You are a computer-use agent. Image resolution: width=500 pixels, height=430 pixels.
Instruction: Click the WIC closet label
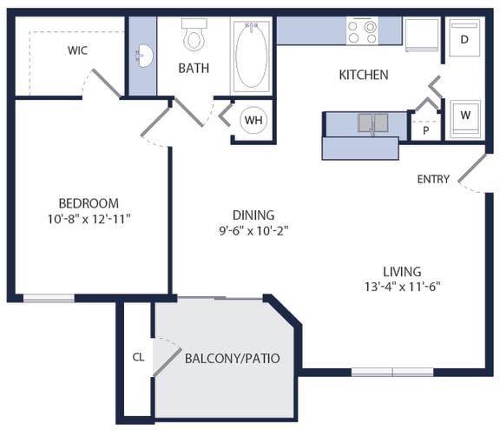click(x=77, y=50)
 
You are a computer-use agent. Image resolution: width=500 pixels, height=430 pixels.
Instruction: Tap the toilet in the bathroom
click(x=194, y=36)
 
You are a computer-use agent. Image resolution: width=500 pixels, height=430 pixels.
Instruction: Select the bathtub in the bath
click(x=252, y=55)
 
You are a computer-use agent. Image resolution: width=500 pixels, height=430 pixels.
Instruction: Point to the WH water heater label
click(x=253, y=120)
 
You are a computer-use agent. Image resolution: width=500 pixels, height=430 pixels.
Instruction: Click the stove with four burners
click(x=362, y=32)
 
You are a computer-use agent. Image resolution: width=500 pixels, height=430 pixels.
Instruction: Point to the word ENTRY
click(x=433, y=180)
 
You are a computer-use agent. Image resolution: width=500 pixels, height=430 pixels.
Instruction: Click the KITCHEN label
click(x=363, y=76)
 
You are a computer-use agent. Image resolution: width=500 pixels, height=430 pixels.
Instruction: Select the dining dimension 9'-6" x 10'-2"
click(x=253, y=231)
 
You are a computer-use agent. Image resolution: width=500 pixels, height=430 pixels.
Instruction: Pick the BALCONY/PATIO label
click(x=232, y=358)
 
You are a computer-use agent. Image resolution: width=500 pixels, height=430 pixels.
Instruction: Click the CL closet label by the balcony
click(x=138, y=356)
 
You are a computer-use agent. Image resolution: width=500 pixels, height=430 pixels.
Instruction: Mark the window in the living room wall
click(x=391, y=373)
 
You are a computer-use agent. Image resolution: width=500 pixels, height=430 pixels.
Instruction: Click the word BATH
click(x=194, y=69)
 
